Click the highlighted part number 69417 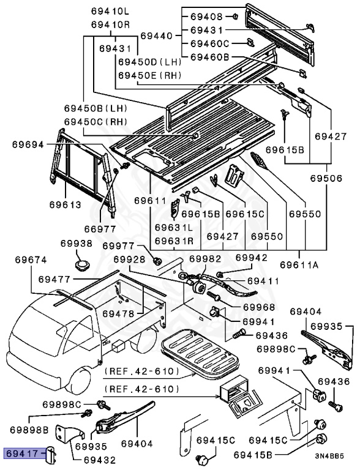click(23, 453)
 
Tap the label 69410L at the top click(110, 12)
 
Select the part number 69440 click(157, 36)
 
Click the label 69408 click(207, 17)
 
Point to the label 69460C click(210, 44)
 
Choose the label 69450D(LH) click(150, 62)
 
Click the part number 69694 click(28, 144)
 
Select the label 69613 click(66, 204)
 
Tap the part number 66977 click(100, 229)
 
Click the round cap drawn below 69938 click(82, 265)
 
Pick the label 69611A click(299, 265)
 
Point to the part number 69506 click(326, 178)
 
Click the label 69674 click(31, 259)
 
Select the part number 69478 click(119, 313)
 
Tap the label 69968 click(259, 307)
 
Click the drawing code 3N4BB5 click(329, 456)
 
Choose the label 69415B click(253, 455)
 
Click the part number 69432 click(99, 460)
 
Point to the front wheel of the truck click(78, 380)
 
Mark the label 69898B click(29, 430)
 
